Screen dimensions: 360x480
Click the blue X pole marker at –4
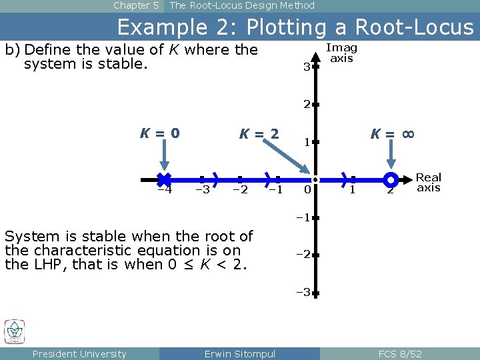pyautogui.click(x=164, y=179)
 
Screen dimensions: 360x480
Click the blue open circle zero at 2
pyautogui.click(x=391, y=179)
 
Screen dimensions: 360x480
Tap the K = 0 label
pyautogui.click(x=159, y=133)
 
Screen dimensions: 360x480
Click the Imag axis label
pyautogui.click(x=341, y=53)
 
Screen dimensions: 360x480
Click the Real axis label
pyautogui.click(x=428, y=182)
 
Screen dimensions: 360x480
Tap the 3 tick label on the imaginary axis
pyautogui.click(x=306, y=67)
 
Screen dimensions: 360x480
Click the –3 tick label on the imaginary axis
pyautogui.click(x=304, y=292)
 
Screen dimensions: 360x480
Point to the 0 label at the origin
pyautogui.click(x=306, y=190)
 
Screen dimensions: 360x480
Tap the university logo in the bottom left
pyautogui.click(x=15, y=331)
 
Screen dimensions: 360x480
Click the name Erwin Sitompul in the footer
pyautogui.click(x=239, y=353)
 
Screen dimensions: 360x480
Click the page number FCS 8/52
pyautogui.click(x=399, y=353)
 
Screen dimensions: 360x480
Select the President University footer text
pyautogui.click(x=79, y=353)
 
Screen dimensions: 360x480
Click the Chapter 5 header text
pyautogui.click(x=136, y=5)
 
